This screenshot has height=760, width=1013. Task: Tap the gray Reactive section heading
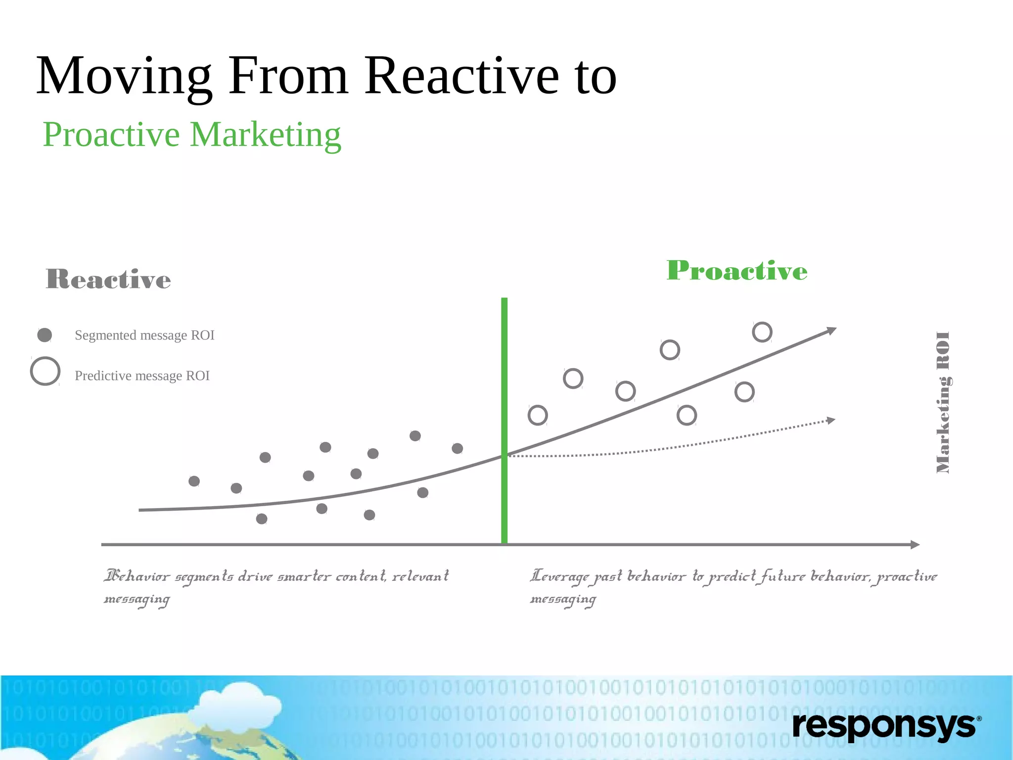coord(108,279)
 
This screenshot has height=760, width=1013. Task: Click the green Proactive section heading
coord(737,271)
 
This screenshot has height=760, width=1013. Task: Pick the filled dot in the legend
coord(45,335)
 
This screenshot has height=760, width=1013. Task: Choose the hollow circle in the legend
coord(45,371)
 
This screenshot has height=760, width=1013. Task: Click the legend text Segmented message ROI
coord(144,335)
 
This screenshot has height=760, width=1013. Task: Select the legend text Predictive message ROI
coord(142,376)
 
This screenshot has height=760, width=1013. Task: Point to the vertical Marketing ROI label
coord(943,402)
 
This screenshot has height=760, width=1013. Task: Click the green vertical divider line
coord(504,421)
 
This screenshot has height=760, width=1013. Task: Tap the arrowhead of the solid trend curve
coord(832,331)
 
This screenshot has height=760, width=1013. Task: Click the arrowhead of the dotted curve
coord(831,421)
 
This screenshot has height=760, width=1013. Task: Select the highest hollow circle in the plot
coord(762,332)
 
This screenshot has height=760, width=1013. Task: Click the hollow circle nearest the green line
coord(538,415)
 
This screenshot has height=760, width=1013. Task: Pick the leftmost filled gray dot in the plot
coord(194,481)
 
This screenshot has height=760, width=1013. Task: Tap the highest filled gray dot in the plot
coord(415,436)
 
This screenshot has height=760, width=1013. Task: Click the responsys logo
coord(886,726)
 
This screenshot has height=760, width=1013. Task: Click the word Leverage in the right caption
coord(559,576)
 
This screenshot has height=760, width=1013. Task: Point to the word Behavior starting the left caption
coord(137,576)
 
